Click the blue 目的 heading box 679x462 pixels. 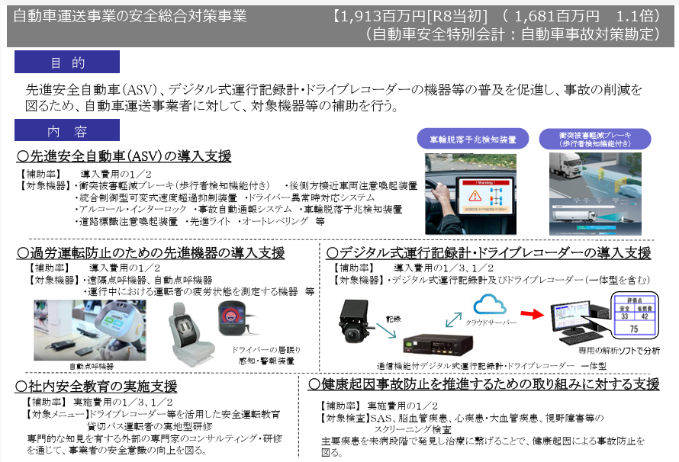[67, 62]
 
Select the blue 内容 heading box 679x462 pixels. [67, 131]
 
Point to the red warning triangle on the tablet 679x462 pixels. [475, 196]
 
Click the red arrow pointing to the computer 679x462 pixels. [532, 313]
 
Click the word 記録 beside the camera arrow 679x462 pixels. [393, 319]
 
